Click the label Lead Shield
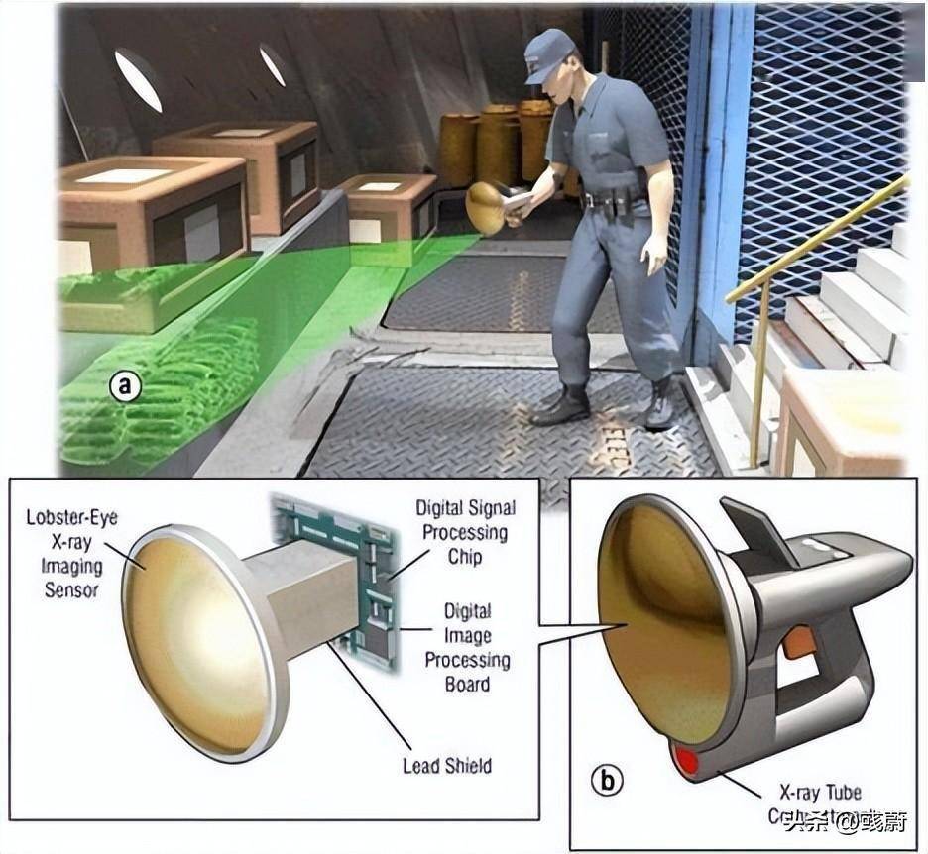(x=446, y=765)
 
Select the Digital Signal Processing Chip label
(x=465, y=532)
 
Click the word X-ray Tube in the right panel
(x=819, y=793)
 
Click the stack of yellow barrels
(x=496, y=144)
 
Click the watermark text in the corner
(x=833, y=821)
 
